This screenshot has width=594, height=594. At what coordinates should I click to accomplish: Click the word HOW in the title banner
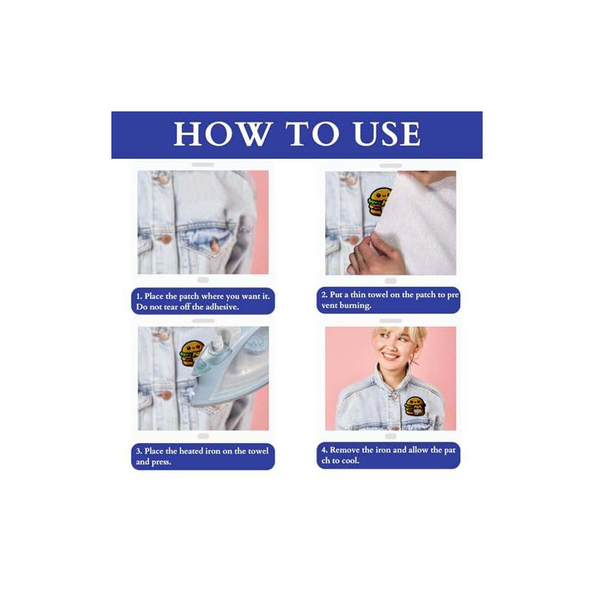[223, 134]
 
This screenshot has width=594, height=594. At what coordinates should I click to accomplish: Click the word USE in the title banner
[387, 134]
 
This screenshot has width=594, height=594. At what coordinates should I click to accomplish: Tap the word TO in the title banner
[313, 134]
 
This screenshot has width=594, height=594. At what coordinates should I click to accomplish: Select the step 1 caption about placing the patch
[203, 301]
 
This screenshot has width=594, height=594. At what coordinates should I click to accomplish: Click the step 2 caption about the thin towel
[388, 300]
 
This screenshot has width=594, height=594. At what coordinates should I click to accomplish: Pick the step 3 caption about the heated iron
[203, 457]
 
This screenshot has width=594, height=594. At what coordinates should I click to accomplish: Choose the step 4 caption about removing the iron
[388, 455]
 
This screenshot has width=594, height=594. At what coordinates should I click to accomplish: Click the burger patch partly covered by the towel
[378, 201]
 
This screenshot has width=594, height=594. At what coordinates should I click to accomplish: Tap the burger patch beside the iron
[192, 353]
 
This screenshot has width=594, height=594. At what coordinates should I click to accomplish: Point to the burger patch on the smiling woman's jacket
[415, 406]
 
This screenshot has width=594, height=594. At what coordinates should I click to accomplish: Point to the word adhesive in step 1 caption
[221, 307]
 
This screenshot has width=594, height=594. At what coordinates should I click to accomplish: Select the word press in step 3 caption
[161, 462]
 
